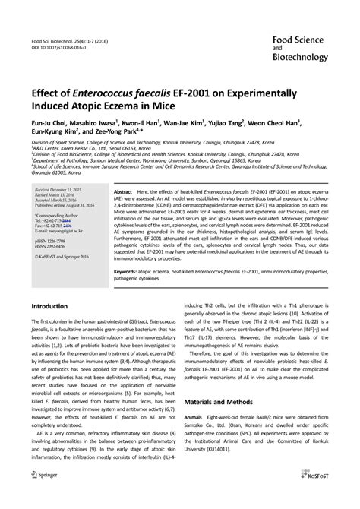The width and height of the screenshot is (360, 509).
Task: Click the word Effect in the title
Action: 48,91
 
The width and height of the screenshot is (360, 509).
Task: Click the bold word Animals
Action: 195,417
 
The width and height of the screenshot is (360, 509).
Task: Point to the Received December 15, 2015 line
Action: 60,189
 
